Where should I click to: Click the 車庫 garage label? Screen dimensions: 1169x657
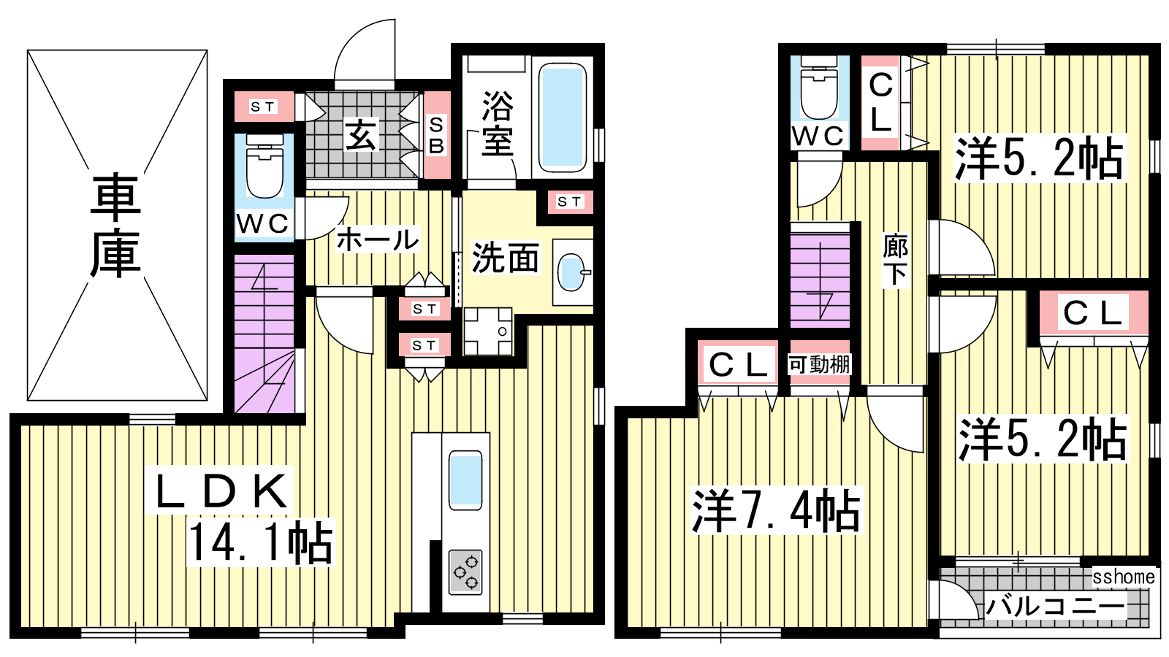pos(115,226)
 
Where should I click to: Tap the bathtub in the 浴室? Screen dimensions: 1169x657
pos(562,118)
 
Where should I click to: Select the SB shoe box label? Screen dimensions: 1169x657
pos(436,136)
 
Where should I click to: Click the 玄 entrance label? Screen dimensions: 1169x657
pos(361,135)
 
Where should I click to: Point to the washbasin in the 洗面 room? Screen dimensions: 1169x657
pos(572,272)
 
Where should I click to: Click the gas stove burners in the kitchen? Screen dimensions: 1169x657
pos(465,572)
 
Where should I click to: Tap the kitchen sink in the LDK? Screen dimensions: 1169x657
pos(465,480)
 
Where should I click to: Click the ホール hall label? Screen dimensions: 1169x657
pos(377,240)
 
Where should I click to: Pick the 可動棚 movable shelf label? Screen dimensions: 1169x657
pos(819,364)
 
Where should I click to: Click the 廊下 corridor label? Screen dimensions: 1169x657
pos(896,261)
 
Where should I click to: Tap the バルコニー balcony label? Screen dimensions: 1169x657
pos(1055,607)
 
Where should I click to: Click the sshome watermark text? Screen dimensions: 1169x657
pos(1123,577)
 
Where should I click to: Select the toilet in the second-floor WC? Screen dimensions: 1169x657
pos(819,88)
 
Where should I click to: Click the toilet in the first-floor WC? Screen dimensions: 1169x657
pos(264,166)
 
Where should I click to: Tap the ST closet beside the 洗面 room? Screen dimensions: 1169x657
pos(569,201)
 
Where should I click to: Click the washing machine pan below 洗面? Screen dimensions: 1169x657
pos(488,331)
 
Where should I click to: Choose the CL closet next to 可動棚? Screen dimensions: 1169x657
pos(738,364)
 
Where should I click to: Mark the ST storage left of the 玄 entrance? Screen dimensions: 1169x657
pos(263,107)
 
